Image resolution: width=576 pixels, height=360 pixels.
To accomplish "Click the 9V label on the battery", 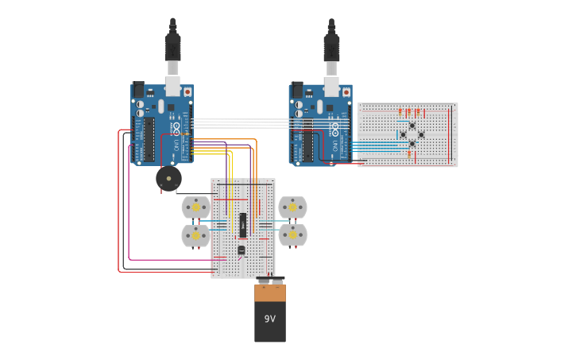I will (x=270, y=319).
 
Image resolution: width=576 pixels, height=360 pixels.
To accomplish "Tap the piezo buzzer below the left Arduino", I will (x=168, y=178).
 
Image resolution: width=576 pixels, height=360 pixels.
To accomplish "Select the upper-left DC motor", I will (x=196, y=207).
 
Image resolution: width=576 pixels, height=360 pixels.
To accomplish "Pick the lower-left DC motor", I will (x=196, y=235).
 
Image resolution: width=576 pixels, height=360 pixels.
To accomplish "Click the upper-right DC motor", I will (x=292, y=207).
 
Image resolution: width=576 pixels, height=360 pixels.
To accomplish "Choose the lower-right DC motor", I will (x=292, y=235).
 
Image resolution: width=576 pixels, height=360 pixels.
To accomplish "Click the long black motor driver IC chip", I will (x=243, y=224).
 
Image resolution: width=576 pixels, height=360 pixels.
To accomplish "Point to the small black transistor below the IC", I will (x=242, y=250).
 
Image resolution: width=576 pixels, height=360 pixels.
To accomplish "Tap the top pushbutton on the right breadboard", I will (x=412, y=126).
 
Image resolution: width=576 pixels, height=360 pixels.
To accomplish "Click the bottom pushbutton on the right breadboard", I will (x=412, y=144).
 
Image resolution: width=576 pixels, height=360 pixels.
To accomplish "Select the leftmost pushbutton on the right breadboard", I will (x=403, y=135).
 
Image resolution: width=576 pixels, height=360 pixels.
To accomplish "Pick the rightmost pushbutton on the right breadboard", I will (x=421, y=135).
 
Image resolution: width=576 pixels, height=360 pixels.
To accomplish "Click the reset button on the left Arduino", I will (x=187, y=92).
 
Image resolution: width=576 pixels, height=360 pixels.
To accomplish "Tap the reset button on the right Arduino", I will (x=346, y=92).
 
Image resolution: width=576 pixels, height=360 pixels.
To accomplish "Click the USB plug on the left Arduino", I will (x=172, y=48).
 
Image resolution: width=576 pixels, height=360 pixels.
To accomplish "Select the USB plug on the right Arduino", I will (x=331, y=48).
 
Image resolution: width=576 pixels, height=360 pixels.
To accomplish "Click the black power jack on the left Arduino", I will (x=138, y=90).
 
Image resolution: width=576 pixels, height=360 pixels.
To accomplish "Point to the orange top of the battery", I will (x=270, y=292).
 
